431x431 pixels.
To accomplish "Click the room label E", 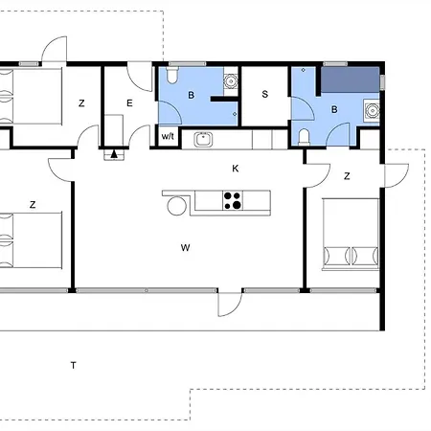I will tap(129, 102).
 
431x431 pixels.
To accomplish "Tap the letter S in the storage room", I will tap(264, 95).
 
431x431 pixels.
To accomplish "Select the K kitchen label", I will tap(235, 169).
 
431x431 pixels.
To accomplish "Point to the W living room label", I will tap(185, 248).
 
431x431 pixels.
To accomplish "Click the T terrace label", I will tap(73, 365).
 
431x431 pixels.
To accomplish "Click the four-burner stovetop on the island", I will tap(233, 200).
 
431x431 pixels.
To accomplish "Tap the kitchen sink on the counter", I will tap(203, 140).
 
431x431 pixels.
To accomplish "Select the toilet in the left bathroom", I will tap(170, 75).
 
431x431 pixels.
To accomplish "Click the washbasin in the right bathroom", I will tap(371, 111).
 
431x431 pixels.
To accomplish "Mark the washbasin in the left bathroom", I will tap(230, 80).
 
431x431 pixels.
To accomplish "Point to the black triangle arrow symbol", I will tap(115, 152).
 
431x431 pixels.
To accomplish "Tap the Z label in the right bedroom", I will tap(347, 175).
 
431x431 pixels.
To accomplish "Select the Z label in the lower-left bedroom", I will tap(33, 204).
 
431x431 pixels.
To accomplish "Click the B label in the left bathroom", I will tap(192, 95).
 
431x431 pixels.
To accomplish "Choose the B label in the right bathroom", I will tap(334, 110).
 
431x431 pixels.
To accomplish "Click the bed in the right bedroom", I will tap(350, 234).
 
